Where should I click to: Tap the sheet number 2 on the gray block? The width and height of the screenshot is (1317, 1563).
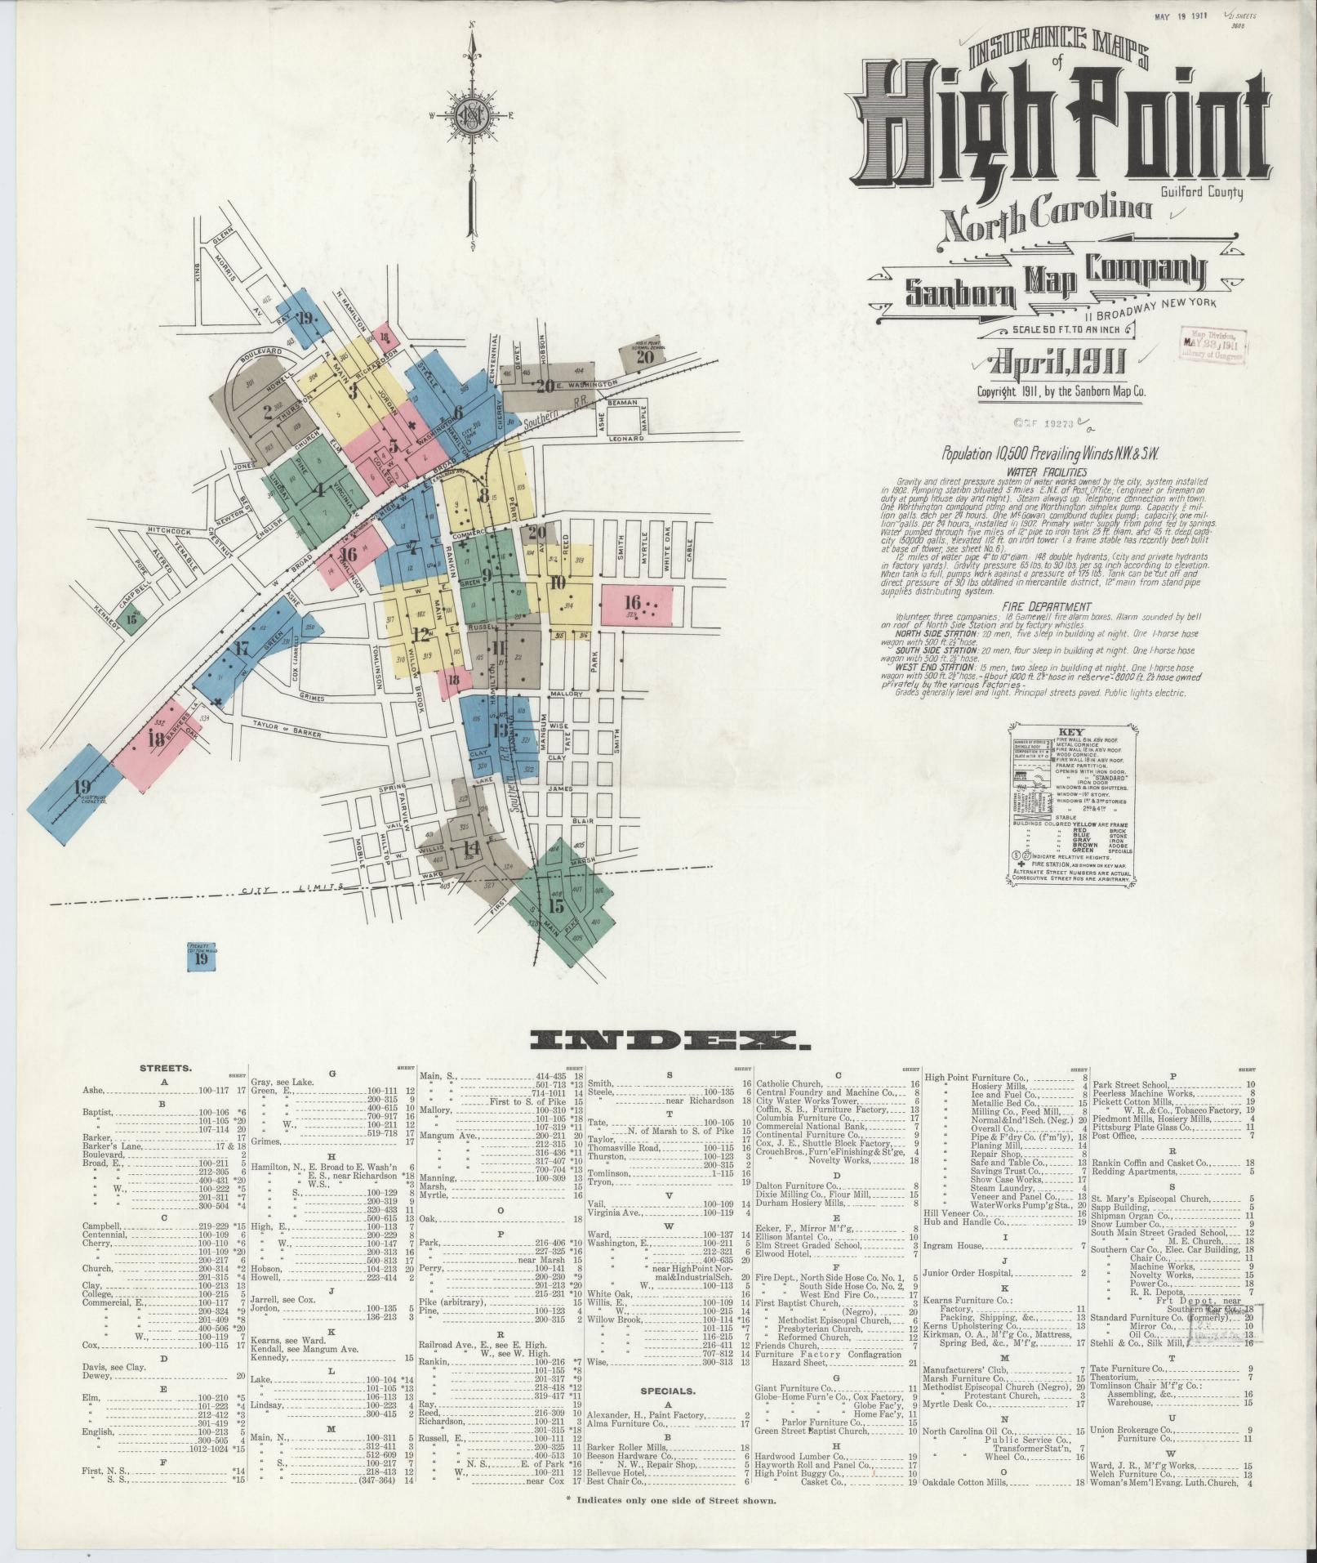coord(267,412)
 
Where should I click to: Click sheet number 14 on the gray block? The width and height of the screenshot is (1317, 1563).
coord(471,847)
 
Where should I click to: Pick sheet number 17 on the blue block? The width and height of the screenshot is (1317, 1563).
coord(241,650)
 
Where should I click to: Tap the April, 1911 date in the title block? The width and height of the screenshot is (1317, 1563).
coord(1057,363)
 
